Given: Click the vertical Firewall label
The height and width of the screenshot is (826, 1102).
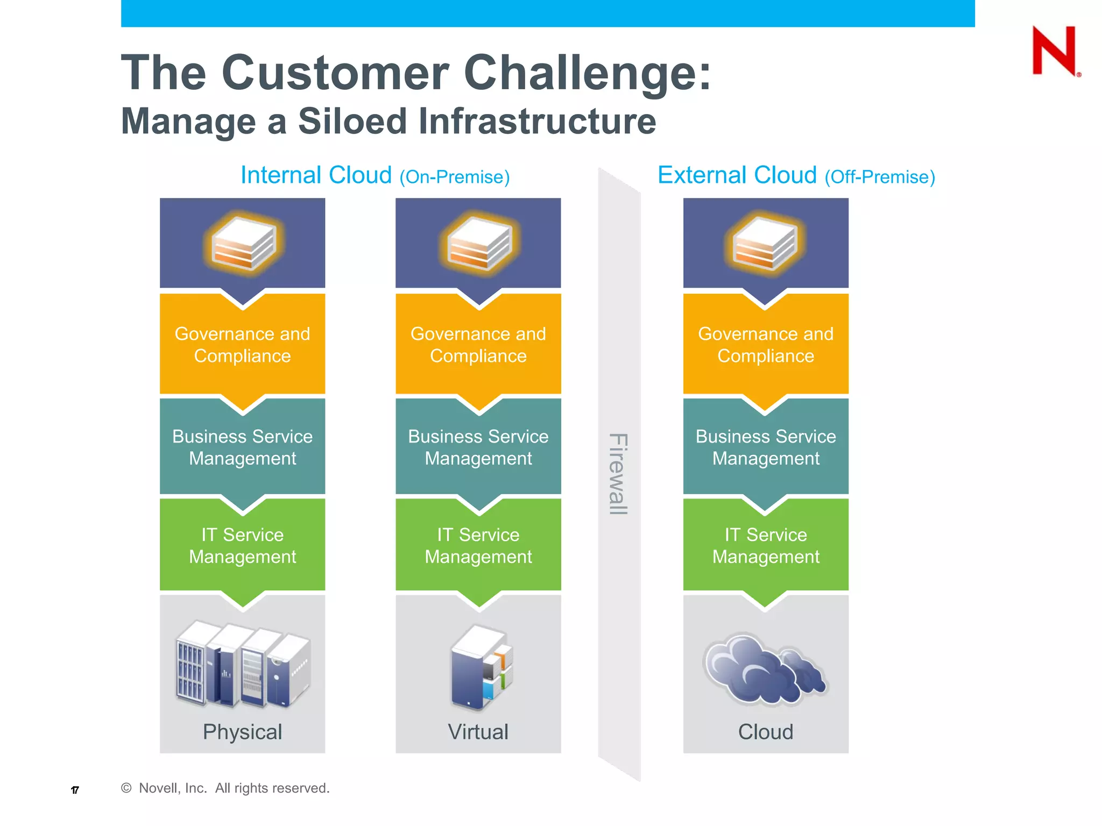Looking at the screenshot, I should point(618,474).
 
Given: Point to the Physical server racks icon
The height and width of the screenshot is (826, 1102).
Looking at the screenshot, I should point(243,665).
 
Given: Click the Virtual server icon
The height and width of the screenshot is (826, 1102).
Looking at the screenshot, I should point(480,668).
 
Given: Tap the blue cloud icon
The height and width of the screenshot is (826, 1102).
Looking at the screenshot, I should point(765,670).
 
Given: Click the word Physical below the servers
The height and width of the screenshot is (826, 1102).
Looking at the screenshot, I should point(242,732).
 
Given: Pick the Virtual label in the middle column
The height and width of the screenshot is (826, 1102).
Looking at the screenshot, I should point(478,732).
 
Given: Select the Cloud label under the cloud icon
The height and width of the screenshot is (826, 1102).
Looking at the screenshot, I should point(765,732).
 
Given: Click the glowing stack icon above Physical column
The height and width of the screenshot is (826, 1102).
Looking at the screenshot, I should point(243,244).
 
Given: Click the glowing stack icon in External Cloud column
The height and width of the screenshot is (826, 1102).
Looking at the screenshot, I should point(765,244).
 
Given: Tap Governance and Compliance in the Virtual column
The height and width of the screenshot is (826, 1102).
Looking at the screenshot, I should point(478,345).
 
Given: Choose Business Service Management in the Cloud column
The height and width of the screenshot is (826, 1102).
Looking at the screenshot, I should point(765,447).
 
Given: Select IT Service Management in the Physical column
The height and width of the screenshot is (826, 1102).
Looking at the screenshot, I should point(242,545).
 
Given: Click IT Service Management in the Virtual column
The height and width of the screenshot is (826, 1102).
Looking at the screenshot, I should point(478,545).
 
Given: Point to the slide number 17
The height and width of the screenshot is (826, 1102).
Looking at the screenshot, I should point(75,790).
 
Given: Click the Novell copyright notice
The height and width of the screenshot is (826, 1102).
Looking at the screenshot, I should point(226,788).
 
